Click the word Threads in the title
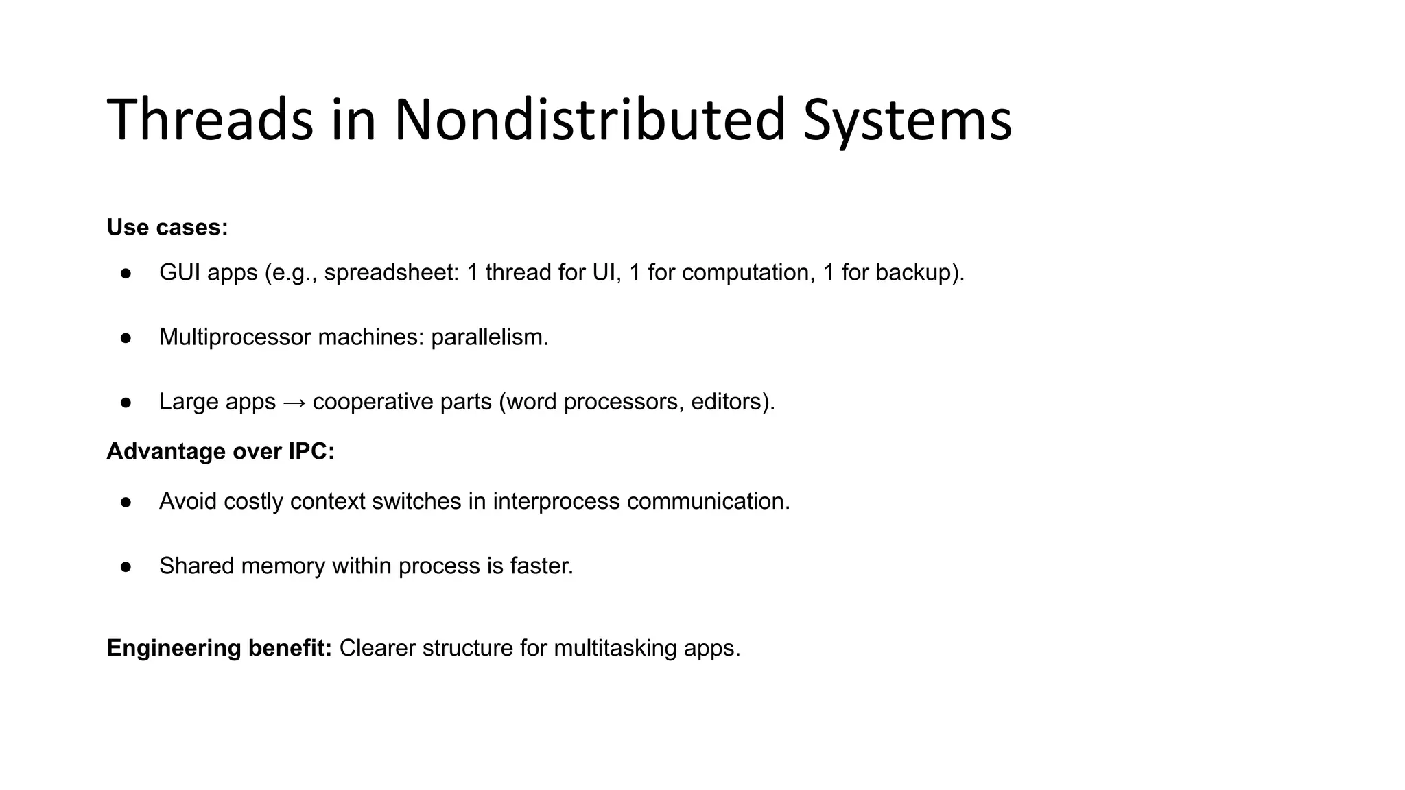pos(210,120)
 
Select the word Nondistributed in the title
pos(589,120)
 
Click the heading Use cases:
pos(167,227)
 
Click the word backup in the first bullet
pos(913,273)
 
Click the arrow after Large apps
pos(294,402)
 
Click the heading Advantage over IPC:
pos(220,451)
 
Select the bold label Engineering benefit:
pos(219,648)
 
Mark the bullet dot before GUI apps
pos(126,273)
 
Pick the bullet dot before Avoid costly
pos(126,502)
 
